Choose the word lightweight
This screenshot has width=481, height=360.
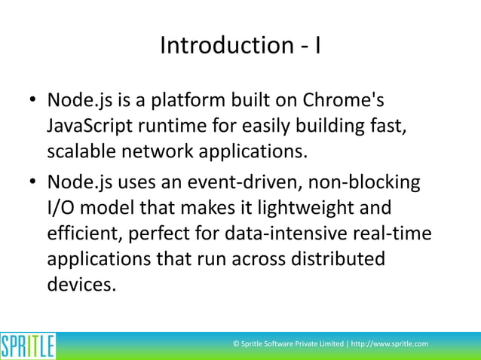coord(291,208)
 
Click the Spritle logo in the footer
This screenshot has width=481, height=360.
coord(28,346)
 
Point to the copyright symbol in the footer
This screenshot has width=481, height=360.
coord(237,344)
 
